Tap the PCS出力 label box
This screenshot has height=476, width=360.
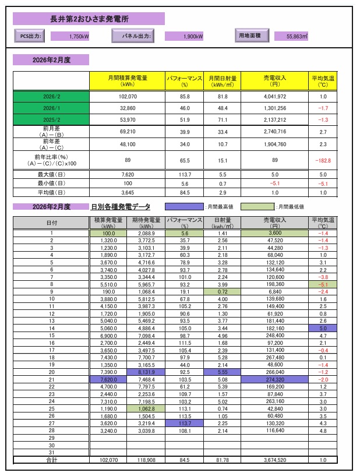coord(29,36)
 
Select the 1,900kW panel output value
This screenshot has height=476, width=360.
coord(193,36)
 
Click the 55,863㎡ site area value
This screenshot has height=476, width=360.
coord(298,36)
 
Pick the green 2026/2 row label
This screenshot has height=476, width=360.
coord(51,96)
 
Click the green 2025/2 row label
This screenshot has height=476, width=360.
coord(51,120)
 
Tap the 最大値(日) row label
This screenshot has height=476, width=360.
coord(51,174)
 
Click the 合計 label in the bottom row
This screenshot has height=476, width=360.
coord(51,460)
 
